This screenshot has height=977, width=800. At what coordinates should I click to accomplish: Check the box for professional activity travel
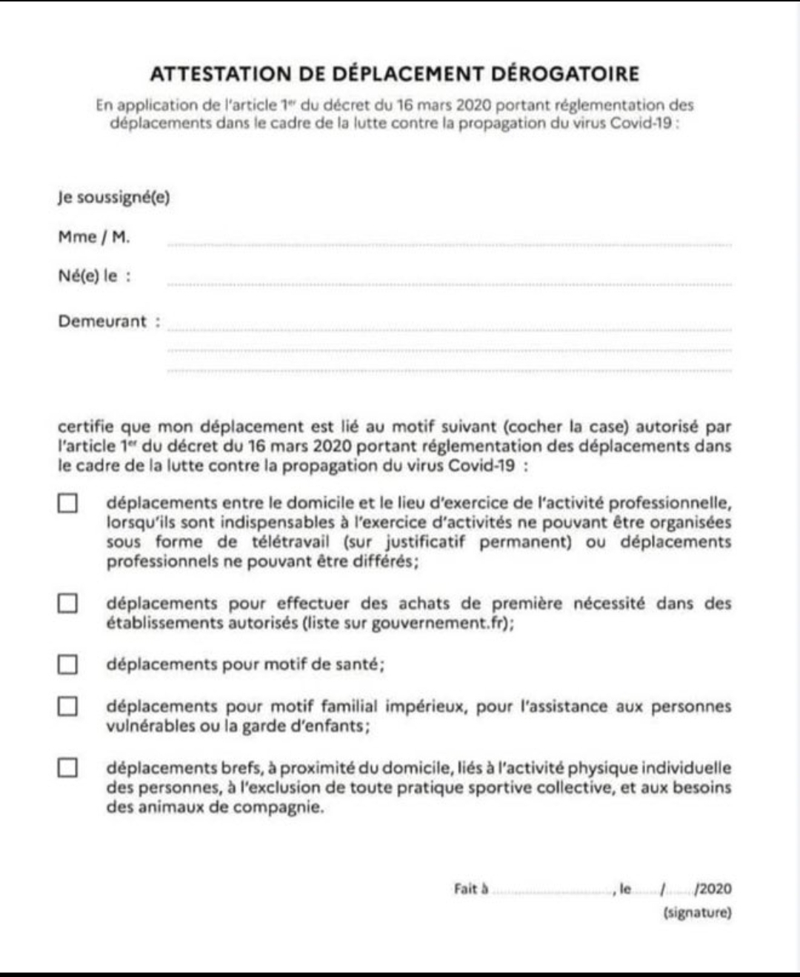(x=67, y=504)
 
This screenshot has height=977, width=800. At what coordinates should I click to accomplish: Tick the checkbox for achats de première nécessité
(x=67, y=604)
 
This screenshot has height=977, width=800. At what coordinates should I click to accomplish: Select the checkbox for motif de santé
(x=67, y=664)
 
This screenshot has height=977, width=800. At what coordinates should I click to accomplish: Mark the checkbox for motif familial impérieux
(x=67, y=707)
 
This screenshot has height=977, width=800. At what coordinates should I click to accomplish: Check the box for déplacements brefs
(x=67, y=768)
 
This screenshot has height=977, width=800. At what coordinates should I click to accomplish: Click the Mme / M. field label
(x=93, y=237)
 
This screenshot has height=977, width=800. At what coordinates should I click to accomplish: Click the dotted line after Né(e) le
(x=449, y=284)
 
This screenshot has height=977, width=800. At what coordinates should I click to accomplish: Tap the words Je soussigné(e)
(x=113, y=198)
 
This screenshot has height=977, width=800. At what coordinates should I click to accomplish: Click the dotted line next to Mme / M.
(x=449, y=244)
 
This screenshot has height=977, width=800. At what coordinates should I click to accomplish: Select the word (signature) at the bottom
(x=697, y=913)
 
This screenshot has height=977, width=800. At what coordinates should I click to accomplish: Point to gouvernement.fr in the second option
(x=440, y=623)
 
